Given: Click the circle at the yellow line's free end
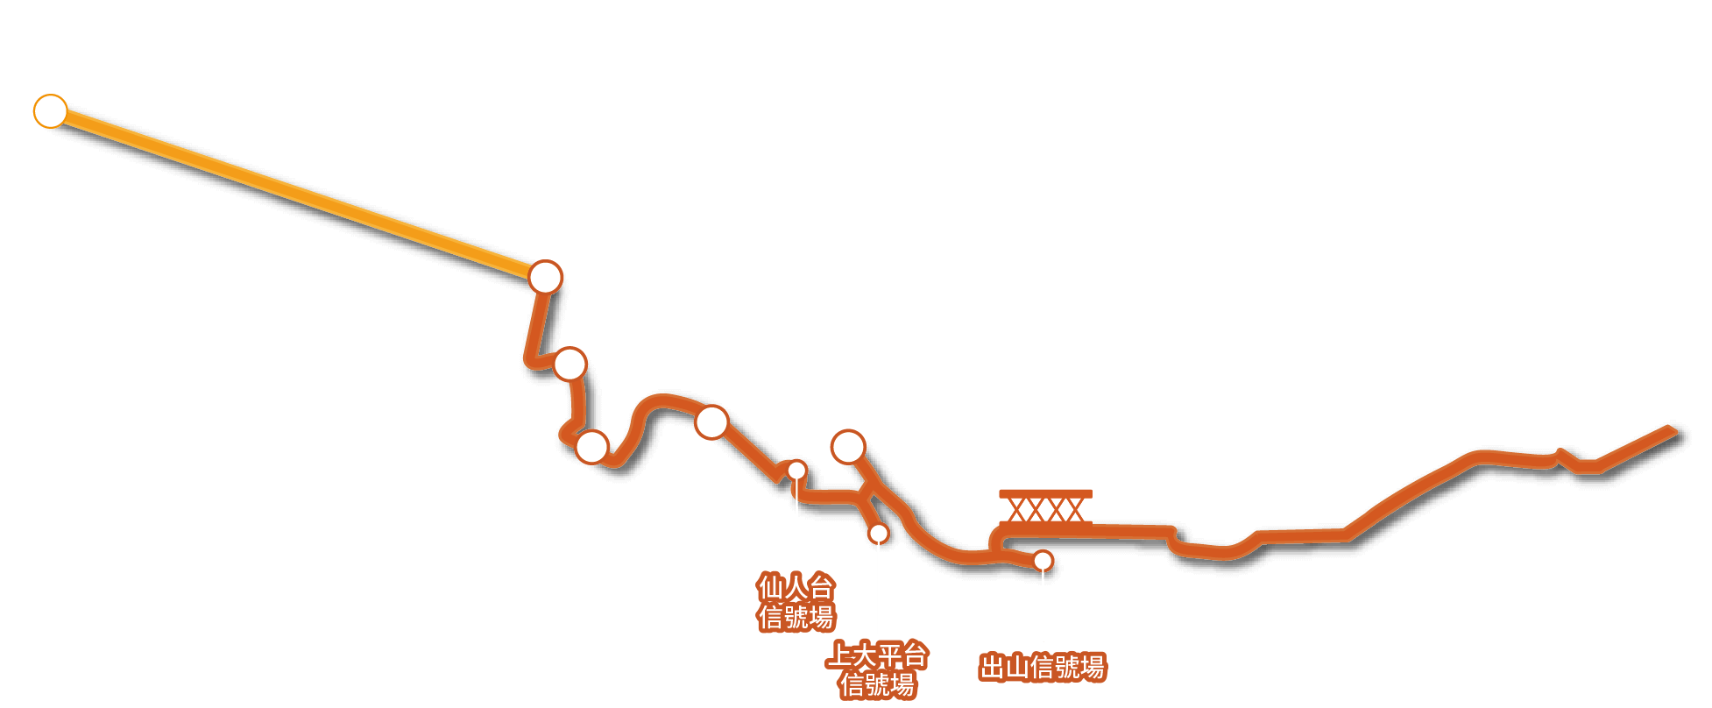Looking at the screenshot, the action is point(51,111).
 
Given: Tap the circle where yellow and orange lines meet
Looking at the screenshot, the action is point(545,277).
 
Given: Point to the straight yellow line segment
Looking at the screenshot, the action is point(298,195).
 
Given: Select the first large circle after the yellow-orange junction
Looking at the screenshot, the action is point(569,364).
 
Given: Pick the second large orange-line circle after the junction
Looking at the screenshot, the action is point(592,447).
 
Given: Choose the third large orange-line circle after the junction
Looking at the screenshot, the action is point(711,422).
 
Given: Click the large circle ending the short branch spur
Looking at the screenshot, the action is point(848,447).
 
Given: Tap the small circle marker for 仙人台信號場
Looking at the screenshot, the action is point(796,471).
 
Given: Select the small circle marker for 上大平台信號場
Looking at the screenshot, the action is point(878,533).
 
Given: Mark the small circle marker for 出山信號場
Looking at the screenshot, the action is point(1043,561).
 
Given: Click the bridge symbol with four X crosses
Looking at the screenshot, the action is point(1046,508).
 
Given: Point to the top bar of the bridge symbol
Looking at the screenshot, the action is point(1046,493).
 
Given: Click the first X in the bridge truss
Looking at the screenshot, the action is point(1018,510).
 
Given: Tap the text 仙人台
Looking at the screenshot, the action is point(796,587).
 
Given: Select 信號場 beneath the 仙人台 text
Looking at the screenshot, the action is point(796,617).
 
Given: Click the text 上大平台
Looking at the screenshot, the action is point(877,655).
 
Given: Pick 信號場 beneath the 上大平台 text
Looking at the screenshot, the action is point(877,684).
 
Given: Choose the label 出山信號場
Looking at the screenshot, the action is point(1043,668).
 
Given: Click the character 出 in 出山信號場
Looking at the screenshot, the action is point(992,668).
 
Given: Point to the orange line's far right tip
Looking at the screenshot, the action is point(1675,430).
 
